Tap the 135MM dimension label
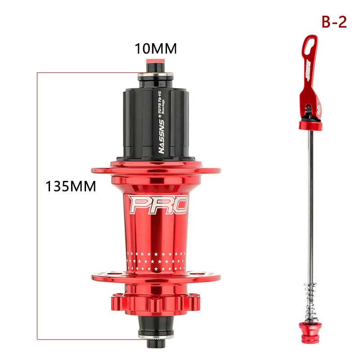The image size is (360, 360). click(x=71, y=186)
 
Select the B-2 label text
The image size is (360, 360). click(x=333, y=22)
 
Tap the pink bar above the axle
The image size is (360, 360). click(x=153, y=62)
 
